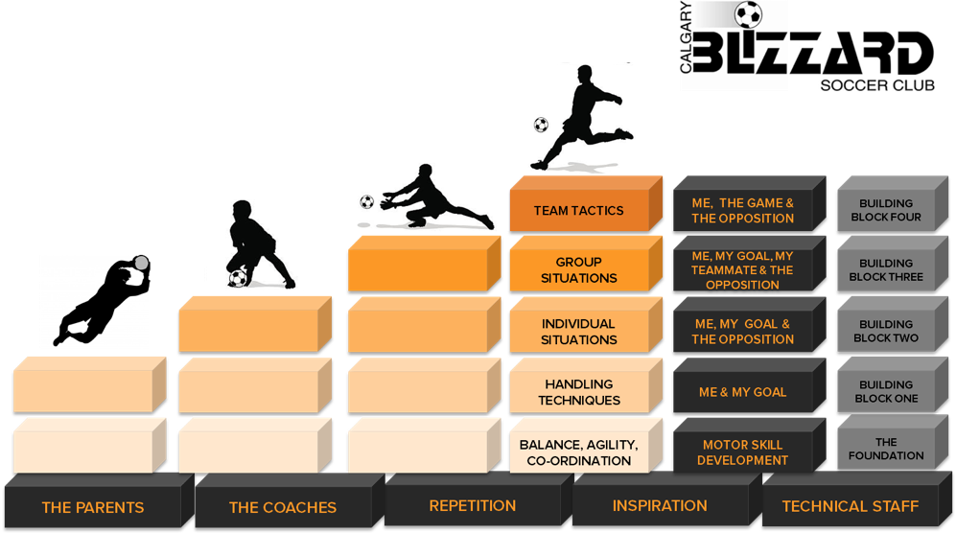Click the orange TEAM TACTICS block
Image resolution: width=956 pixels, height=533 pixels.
tap(586, 204)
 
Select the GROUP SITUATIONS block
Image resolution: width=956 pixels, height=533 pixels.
tap(586, 264)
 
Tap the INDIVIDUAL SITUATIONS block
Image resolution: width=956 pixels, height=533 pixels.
tap(586, 325)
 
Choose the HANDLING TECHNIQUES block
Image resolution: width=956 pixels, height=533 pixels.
tap(586, 385)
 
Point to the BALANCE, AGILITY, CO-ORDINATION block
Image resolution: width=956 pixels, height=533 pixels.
tap(586, 446)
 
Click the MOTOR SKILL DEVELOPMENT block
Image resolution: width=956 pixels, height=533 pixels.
tap(749, 446)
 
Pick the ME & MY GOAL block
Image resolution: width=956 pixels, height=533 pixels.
tap(749, 385)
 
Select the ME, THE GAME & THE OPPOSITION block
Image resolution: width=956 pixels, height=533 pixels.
tap(749, 204)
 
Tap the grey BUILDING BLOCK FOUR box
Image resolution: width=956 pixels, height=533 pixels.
tap(893, 204)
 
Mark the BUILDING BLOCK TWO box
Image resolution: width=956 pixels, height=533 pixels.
tap(893, 325)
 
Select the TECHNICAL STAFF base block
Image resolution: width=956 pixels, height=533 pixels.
tap(857, 499)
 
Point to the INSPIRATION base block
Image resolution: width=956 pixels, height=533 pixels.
tap(667, 499)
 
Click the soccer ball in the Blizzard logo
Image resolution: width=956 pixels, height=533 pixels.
tap(748, 14)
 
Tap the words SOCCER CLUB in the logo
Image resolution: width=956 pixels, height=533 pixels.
tap(877, 85)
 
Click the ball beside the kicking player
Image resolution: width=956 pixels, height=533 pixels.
tap(541, 125)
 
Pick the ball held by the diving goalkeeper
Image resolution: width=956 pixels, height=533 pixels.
tap(142, 263)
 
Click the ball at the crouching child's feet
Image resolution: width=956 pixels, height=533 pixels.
tap(238, 279)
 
